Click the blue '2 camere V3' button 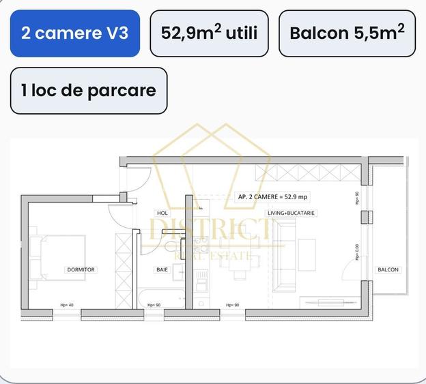point(74,33)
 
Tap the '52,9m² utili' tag point(209,33)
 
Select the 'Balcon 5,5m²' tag point(347,33)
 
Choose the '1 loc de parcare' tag point(88,90)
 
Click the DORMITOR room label point(81,270)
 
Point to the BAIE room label point(162,270)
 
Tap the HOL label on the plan point(162,213)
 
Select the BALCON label point(388,270)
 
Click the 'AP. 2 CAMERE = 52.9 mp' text point(272,196)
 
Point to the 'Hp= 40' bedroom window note point(67,305)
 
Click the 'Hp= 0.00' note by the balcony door point(357,253)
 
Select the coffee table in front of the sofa point(307,252)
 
